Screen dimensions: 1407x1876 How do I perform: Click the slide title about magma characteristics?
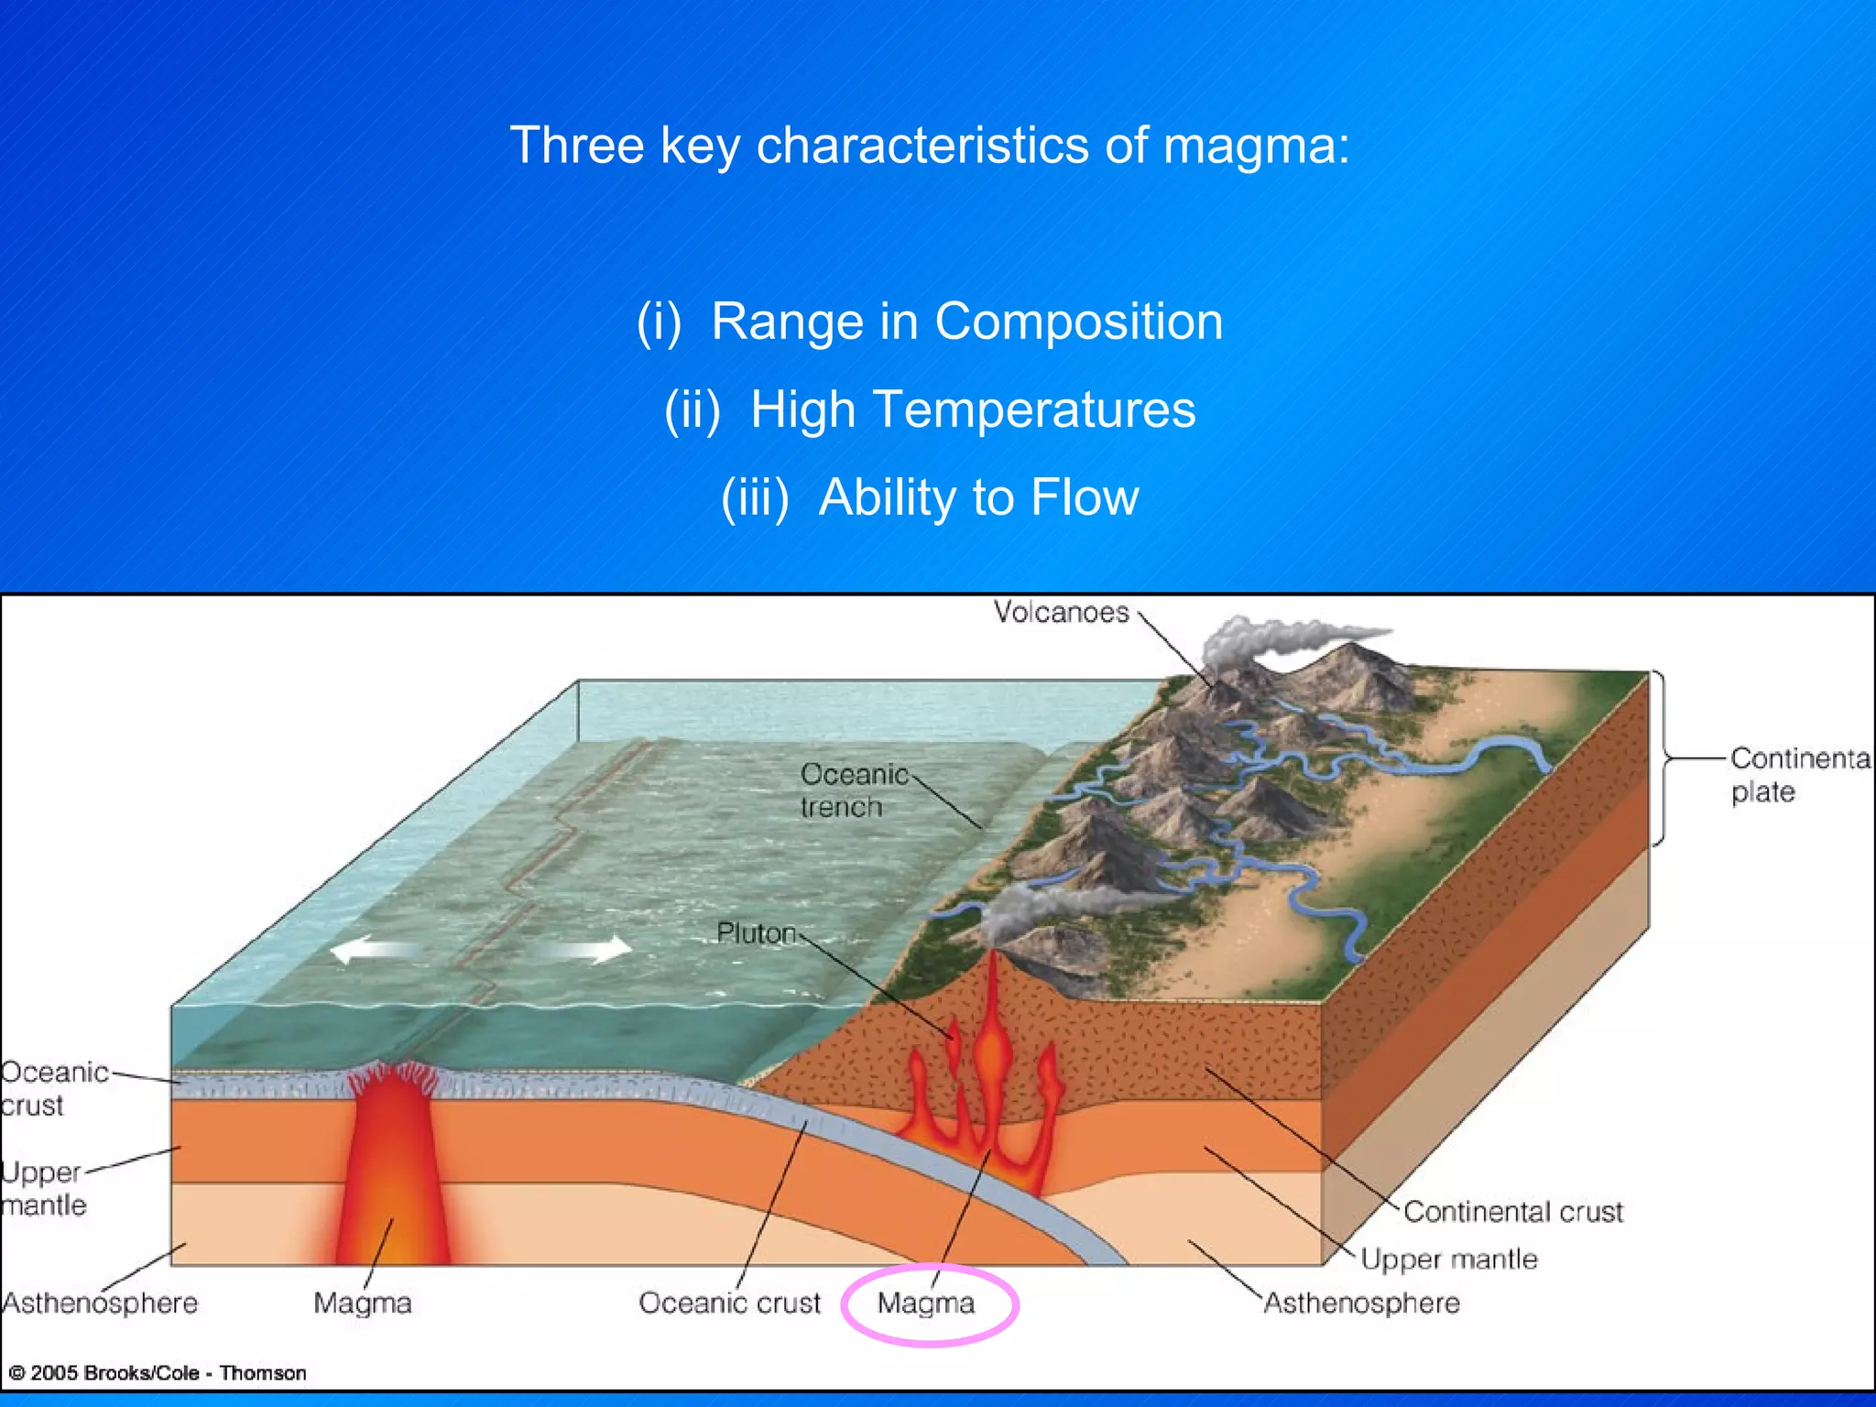[930, 146]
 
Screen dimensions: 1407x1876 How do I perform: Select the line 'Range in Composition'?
[930, 322]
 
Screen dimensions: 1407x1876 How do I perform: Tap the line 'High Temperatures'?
[930, 409]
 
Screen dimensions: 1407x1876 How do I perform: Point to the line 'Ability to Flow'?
[930, 497]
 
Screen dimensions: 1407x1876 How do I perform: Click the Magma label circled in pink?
[926, 1303]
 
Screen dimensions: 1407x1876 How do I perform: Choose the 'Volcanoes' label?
[1061, 612]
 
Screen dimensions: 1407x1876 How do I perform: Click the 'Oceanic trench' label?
[854, 791]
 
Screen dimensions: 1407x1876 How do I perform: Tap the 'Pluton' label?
[756, 933]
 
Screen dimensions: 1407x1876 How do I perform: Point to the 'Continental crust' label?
[1512, 1212]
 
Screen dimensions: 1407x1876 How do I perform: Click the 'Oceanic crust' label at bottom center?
[729, 1303]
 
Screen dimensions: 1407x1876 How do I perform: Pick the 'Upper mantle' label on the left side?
[43, 1188]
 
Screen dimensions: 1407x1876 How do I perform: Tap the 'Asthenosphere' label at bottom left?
[100, 1303]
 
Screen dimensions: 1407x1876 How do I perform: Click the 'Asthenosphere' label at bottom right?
[1361, 1303]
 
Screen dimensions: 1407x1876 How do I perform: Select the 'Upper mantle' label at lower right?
[1448, 1260]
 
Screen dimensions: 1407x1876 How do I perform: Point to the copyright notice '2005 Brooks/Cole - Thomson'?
[158, 1373]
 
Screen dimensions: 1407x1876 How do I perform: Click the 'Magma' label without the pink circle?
[363, 1303]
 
